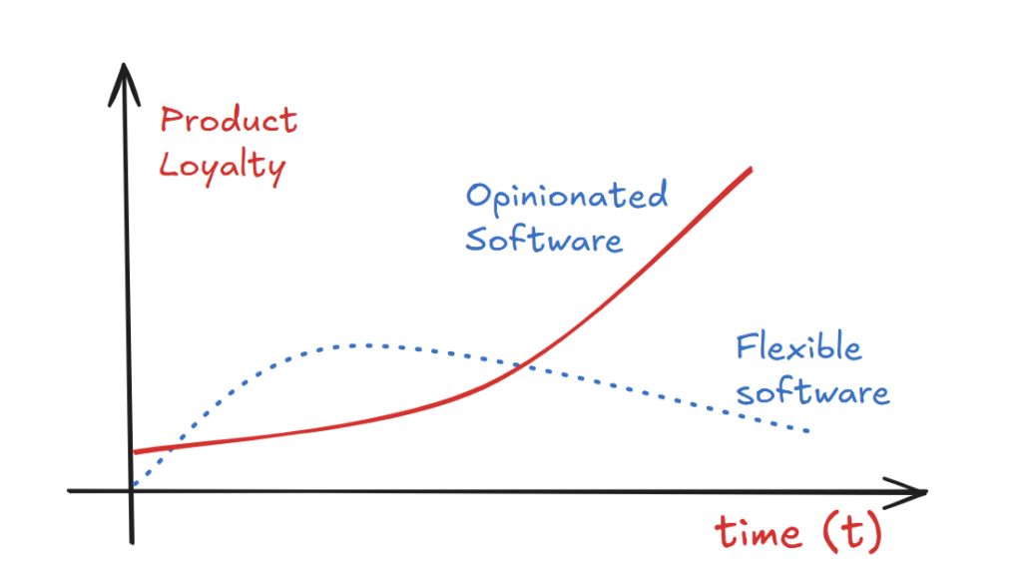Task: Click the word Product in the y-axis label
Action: tap(229, 120)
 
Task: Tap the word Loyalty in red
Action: tap(223, 167)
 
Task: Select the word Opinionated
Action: tap(567, 197)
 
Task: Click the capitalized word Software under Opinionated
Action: tap(544, 239)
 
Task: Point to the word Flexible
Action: tap(798, 346)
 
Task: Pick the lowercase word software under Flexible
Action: tap(812, 391)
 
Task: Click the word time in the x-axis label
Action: tap(759, 532)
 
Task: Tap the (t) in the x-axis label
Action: tap(852, 532)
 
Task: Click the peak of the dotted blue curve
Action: tap(361, 345)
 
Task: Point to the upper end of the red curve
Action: tap(751, 170)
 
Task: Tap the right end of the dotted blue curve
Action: tap(807, 431)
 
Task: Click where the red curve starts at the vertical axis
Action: tap(135, 451)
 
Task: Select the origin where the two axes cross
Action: tap(131, 490)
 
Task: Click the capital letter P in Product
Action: tap(171, 120)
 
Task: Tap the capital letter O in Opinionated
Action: tap(478, 195)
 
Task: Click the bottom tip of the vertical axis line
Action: tap(133, 543)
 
